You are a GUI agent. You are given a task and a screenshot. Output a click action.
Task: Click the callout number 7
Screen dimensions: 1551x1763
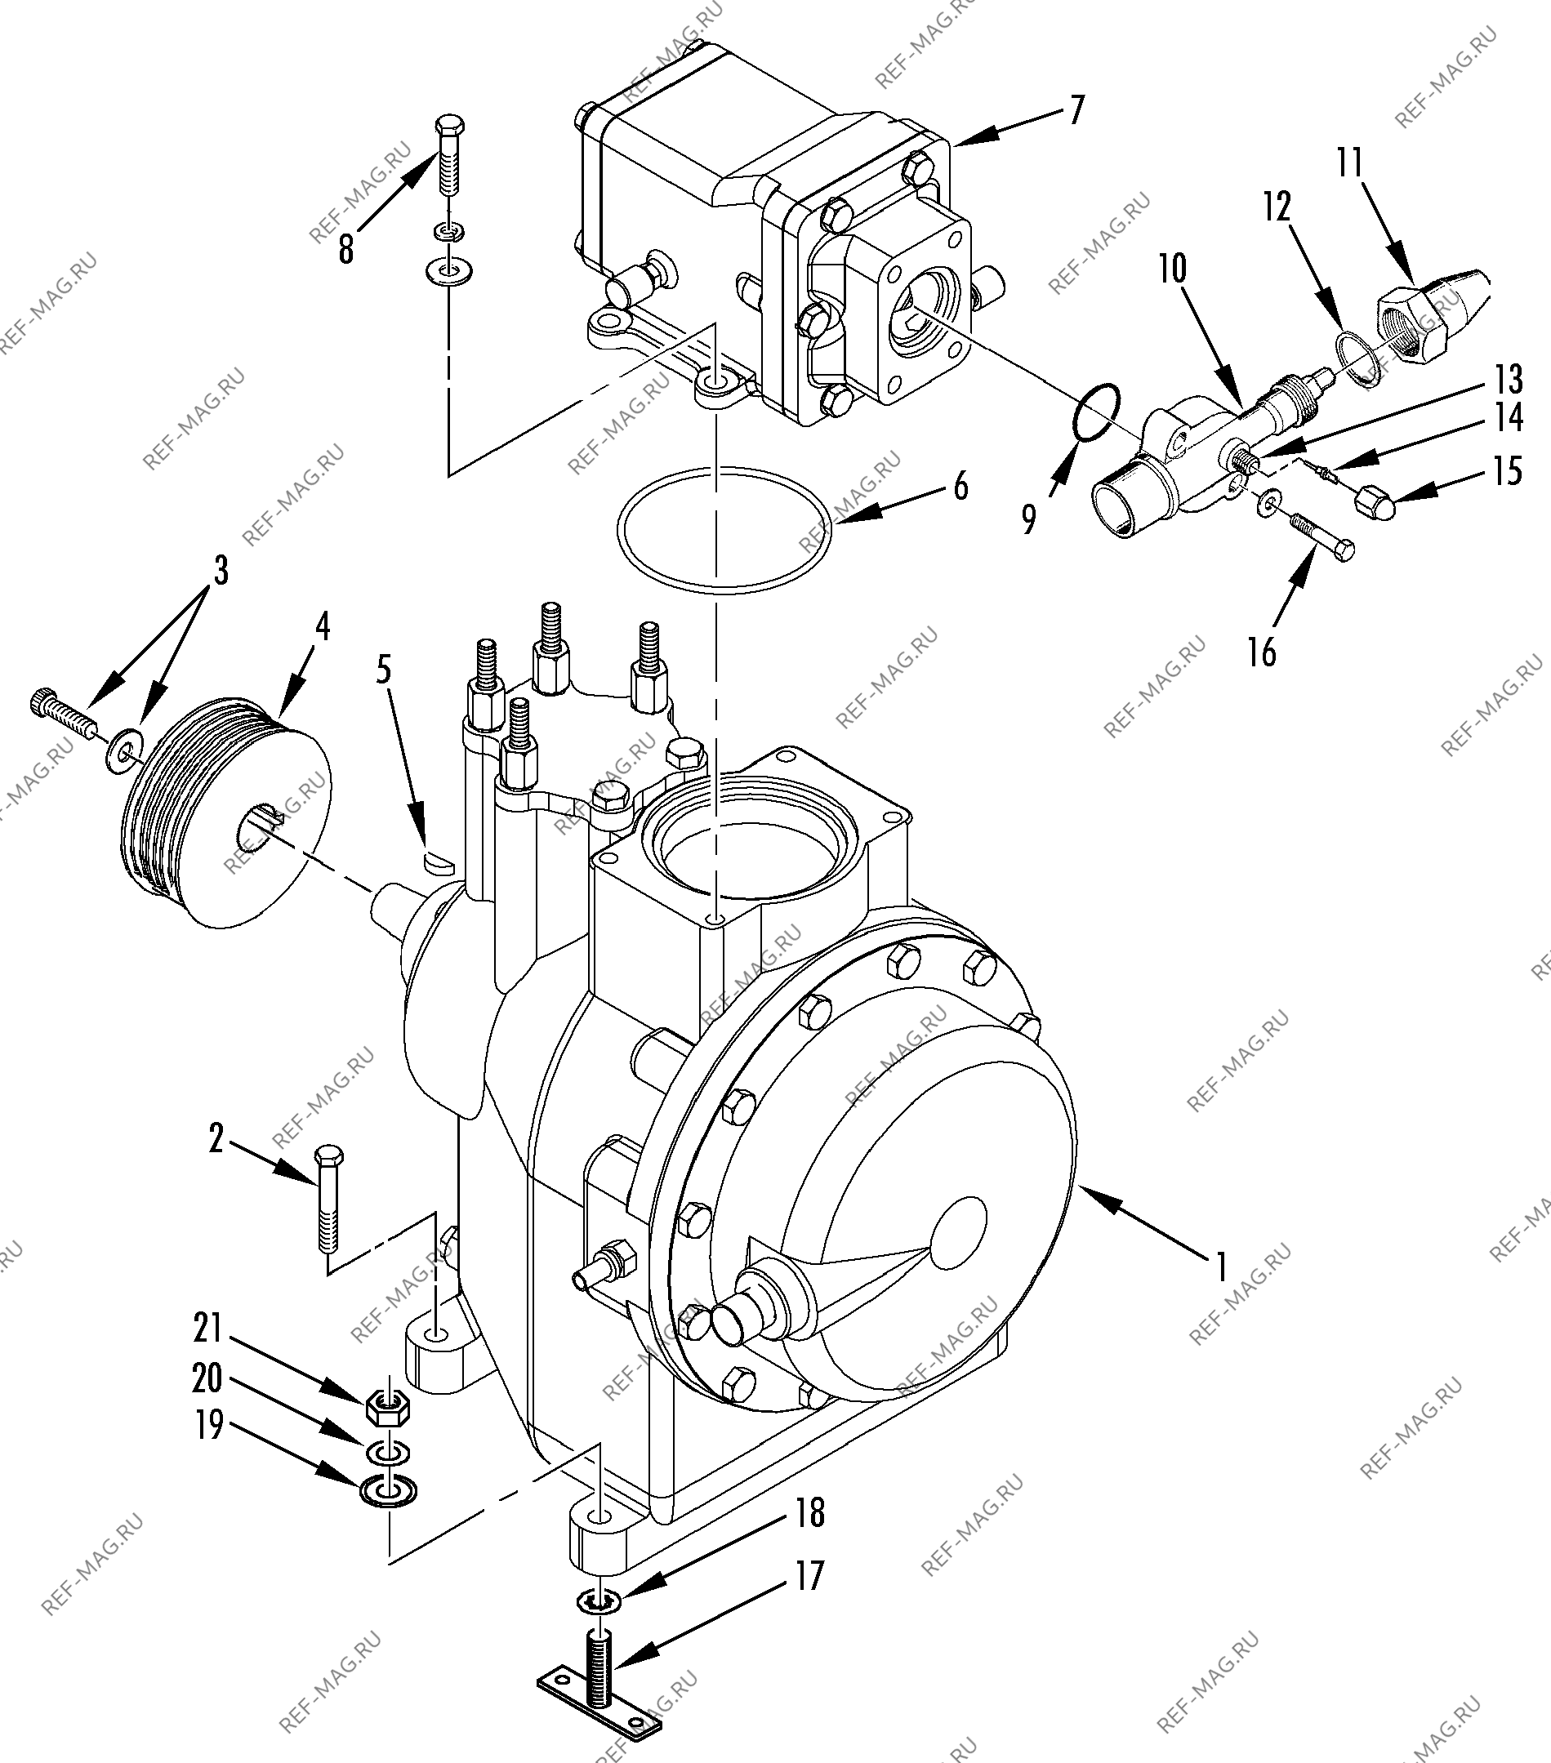[x=1076, y=111]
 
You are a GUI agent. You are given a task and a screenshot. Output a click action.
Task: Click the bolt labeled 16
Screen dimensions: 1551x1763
[x=1321, y=537]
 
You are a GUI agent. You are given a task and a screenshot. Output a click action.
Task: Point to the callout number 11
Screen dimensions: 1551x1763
[x=1351, y=163]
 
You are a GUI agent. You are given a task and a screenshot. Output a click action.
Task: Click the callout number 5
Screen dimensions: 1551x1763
[x=385, y=670]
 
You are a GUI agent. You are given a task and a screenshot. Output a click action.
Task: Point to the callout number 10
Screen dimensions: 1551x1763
[x=1171, y=269]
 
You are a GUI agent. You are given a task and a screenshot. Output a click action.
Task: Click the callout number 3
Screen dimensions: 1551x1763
[x=221, y=572]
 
